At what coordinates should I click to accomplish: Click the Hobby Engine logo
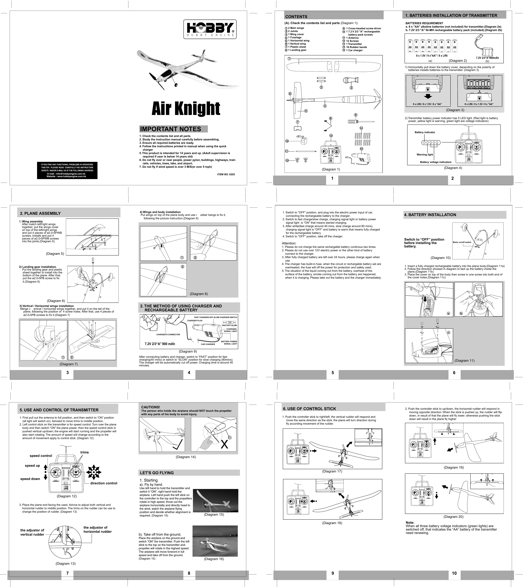pos(210,29)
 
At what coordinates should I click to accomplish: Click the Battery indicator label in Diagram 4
pos(425,132)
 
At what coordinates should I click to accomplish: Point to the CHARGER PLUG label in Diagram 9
pos(195,320)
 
